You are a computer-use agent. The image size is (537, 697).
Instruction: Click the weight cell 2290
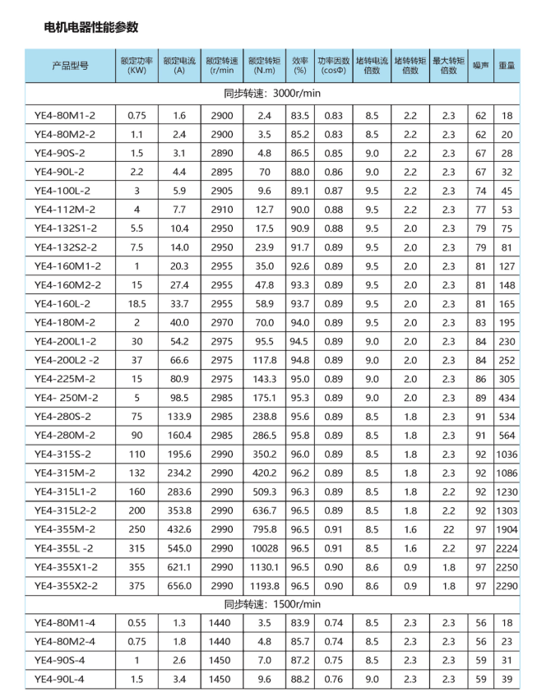(506, 585)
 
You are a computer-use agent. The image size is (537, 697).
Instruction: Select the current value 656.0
(180, 585)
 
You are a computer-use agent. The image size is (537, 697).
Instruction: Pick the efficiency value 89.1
(299, 191)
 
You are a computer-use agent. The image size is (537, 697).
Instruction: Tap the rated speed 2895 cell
(222, 172)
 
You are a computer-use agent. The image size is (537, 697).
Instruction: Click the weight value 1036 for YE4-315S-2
(506, 454)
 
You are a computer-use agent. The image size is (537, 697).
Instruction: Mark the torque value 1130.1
(265, 566)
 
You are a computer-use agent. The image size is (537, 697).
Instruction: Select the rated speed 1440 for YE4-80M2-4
(222, 641)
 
